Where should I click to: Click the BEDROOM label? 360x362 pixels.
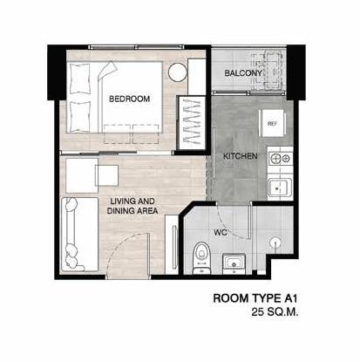130,99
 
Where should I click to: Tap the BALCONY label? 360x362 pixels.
243,73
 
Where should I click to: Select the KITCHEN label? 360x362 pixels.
241,156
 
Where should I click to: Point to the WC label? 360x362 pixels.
220,233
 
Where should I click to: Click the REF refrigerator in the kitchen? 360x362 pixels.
272,123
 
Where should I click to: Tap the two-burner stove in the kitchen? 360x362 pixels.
281,159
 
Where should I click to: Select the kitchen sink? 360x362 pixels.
280,188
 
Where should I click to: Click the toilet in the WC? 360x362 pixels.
201,258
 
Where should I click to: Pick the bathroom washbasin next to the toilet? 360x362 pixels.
234,263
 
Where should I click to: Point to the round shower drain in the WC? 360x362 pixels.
275,242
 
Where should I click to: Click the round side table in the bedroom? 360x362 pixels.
177,72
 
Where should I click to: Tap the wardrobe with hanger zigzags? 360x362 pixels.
192,123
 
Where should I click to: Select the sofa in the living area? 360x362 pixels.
79,235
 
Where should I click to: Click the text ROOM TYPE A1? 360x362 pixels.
255,298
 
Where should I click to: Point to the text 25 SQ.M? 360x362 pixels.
275,312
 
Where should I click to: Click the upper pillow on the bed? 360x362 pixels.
79,79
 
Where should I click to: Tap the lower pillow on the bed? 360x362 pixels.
80,116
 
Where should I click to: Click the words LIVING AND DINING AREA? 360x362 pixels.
132,206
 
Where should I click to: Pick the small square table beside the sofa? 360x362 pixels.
107,175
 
